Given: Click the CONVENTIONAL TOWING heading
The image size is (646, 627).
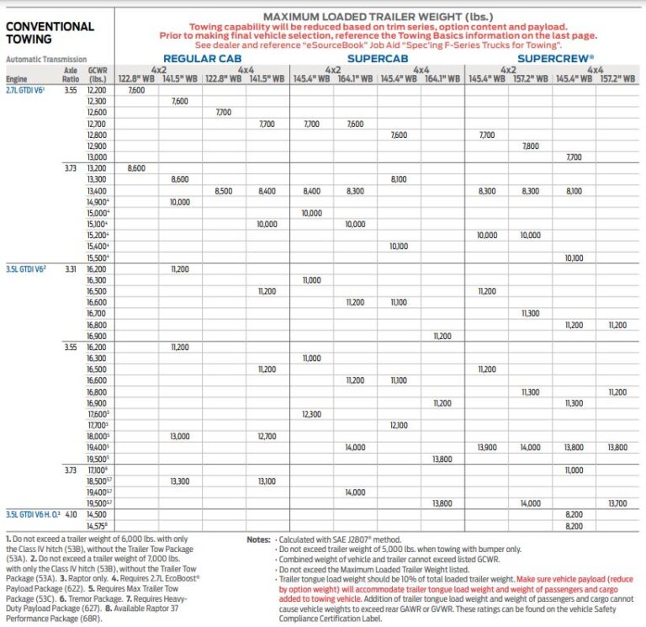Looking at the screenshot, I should (x=50, y=32).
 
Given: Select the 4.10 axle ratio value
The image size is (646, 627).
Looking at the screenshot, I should (x=71, y=513).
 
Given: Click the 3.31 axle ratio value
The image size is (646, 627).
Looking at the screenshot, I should (x=71, y=268).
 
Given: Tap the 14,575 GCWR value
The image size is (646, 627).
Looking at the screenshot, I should (x=97, y=525).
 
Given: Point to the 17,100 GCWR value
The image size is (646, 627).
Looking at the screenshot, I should (x=97, y=469).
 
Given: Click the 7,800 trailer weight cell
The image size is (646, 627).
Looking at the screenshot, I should (x=530, y=146).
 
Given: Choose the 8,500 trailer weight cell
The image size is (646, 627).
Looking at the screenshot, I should (x=224, y=191).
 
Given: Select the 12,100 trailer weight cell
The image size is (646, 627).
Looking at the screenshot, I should (x=399, y=424).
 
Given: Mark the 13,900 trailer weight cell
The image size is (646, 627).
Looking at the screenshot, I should (x=486, y=447).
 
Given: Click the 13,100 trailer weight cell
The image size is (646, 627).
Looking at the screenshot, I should (x=267, y=481).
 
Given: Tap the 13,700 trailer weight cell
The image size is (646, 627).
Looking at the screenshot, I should (x=617, y=502).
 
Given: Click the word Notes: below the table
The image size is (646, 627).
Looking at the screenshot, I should (x=257, y=539).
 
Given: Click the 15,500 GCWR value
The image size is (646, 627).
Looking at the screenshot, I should (x=97, y=257).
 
